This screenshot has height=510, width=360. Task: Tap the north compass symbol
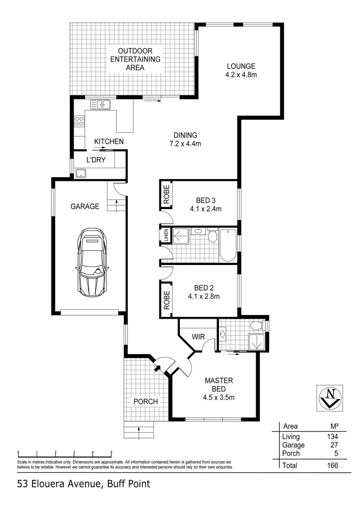point(329,397)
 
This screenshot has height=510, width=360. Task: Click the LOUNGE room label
point(241,66)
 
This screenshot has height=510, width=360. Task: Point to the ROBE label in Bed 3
point(166,195)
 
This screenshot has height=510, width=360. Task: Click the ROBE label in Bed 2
point(166,299)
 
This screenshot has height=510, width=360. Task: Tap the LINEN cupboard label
point(166,236)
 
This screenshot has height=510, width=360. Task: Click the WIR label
point(197,337)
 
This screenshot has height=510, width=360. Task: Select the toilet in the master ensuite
point(256,326)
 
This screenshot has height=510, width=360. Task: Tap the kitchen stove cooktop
point(78,121)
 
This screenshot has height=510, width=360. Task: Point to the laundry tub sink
point(82,173)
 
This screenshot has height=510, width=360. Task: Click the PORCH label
point(145,401)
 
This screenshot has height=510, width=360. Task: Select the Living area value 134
point(332,436)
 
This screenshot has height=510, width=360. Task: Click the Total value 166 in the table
point(332,465)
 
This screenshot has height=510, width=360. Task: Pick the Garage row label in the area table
point(293,445)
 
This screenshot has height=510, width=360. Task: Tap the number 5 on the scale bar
point(111,452)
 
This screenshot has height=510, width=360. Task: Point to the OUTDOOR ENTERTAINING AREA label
point(135,59)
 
